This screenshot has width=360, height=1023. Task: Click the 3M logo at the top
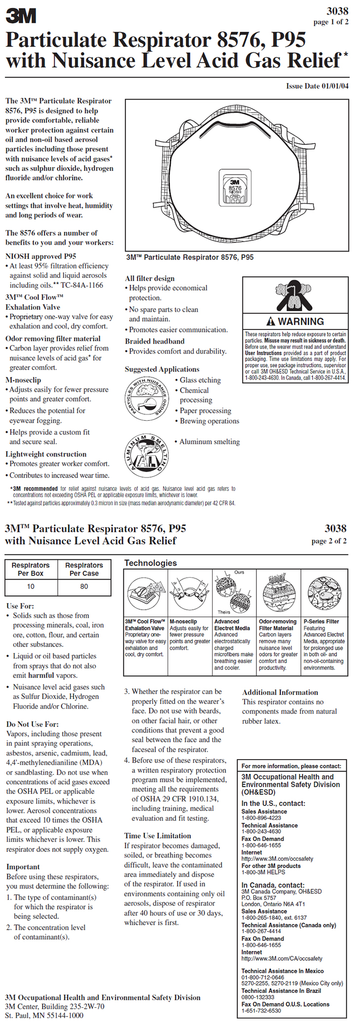pyautogui.click(x=21, y=16)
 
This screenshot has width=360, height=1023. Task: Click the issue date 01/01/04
pyautogui.click(x=317, y=86)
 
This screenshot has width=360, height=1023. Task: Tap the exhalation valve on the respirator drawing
pyautogui.click(x=235, y=188)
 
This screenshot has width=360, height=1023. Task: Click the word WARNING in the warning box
pyautogui.click(x=301, y=321)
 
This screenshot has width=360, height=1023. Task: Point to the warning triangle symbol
pyautogui.click(x=270, y=322)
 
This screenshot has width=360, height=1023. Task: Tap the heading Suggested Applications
pyautogui.click(x=162, y=369)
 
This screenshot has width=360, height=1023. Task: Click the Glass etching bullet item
pyautogui.click(x=200, y=380)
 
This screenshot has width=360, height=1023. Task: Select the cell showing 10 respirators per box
pyautogui.click(x=31, y=586)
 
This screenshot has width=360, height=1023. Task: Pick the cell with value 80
pyautogui.click(x=84, y=586)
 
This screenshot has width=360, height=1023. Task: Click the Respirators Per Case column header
pyautogui.click(x=84, y=569)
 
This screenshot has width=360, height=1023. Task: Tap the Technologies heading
pyautogui.click(x=150, y=563)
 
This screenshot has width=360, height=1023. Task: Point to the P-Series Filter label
pyautogui.click(x=321, y=621)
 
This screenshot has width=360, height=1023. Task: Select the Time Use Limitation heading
pyautogui.click(x=157, y=836)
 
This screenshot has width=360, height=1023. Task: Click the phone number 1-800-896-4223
pyautogui.click(x=261, y=817)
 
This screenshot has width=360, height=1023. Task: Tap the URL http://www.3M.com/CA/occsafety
pyautogui.click(x=282, y=958)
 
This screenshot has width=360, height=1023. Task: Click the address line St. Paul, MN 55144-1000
pyautogui.click(x=44, y=1016)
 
